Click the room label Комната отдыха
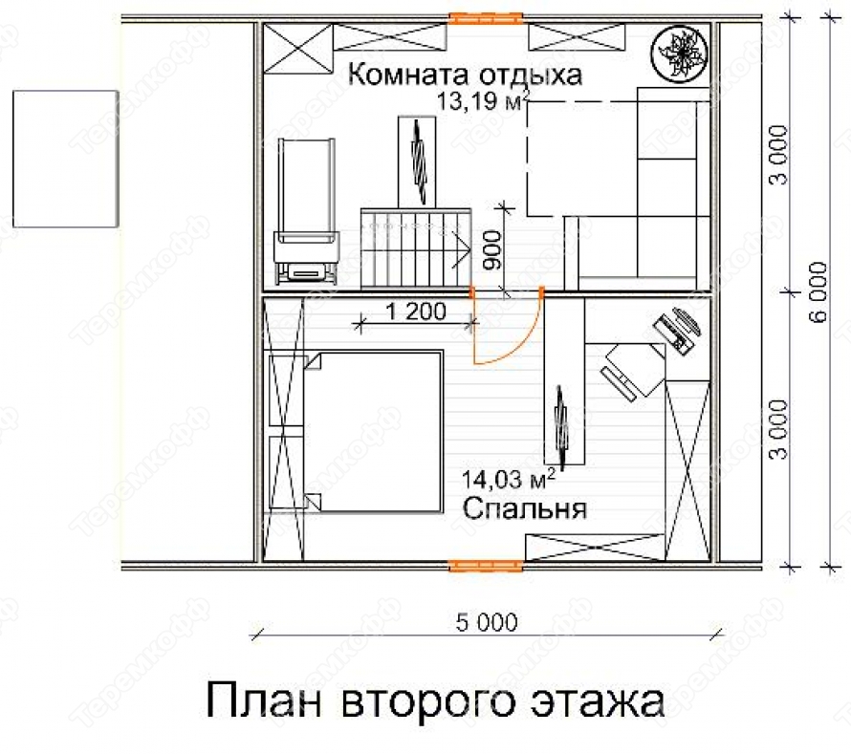click(465, 75)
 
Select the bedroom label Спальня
click(524, 508)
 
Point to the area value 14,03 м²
click(509, 480)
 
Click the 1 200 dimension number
click(416, 312)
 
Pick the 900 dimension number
click(492, 249)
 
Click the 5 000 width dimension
click(487, 622)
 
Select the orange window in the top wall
click(486, 18)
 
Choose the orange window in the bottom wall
click(486, 566)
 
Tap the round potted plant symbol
click(680, 54)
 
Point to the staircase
click(415, 248)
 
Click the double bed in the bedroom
click(373, 432)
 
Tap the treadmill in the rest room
click(306, 211)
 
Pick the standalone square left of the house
click(66, 159)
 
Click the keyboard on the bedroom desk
click(618, 383)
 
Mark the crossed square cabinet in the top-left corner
click(298, 48)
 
